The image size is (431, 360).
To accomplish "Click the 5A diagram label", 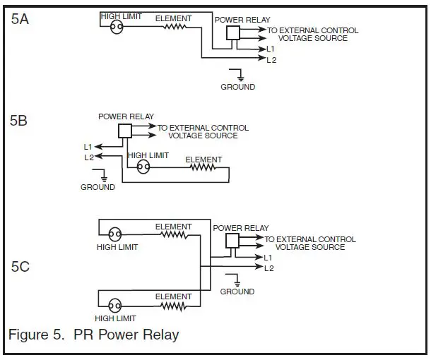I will point(20,19).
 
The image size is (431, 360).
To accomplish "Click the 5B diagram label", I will point(19,120).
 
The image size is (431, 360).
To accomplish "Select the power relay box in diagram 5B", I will point(125,131).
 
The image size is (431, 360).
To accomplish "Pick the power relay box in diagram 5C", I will point(232,241).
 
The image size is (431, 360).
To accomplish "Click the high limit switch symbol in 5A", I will point(116,27).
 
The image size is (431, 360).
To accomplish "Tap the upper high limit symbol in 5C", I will point(114,235).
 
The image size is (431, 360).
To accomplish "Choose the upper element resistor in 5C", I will point(173,235).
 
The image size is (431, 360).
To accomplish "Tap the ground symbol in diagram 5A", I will point(240,75).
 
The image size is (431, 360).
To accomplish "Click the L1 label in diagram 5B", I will point(88,147).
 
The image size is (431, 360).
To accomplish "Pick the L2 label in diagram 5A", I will point(271,61).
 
